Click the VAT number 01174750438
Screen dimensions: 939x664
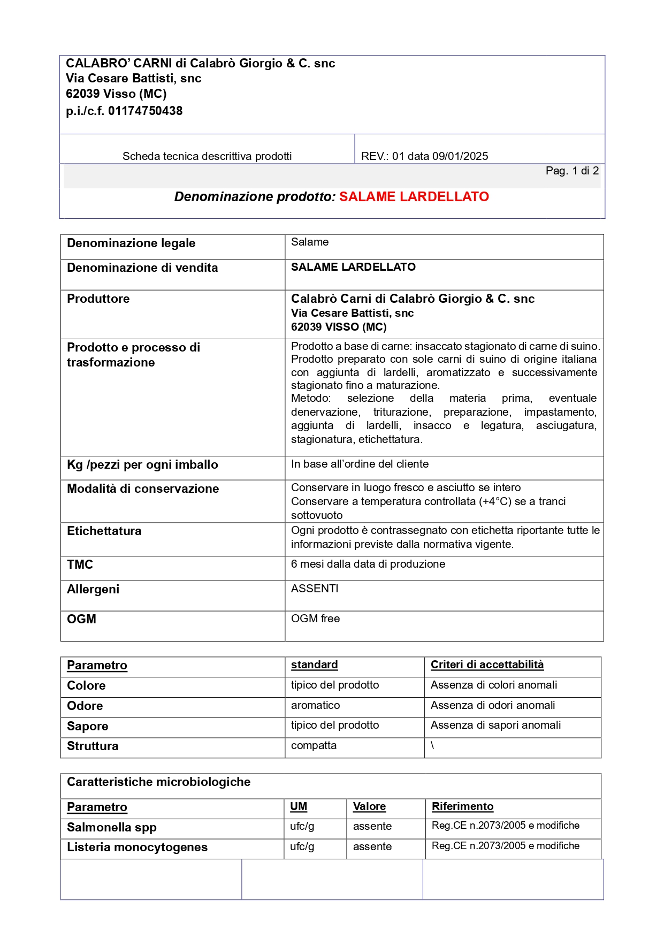pos(145,111)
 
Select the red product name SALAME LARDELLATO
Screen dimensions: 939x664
pos(414,197)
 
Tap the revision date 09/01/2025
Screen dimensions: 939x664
pos(460,156)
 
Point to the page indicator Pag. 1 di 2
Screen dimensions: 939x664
pos(571,171)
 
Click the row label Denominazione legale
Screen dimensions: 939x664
pos(131,243)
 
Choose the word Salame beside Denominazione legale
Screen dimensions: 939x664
pos(310,242)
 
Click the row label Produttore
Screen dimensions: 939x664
pos(98,299)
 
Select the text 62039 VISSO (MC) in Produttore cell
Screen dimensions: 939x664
pos(338,327)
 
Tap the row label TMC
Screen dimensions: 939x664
pos(80,565)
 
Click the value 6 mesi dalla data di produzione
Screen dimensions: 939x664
pos(368,564)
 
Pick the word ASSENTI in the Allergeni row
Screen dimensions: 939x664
pos(315,589)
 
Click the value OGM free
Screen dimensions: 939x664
pos(315,619)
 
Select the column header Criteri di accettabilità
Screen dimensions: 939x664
pos(487,665)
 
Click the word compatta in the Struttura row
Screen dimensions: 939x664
pos(314,745)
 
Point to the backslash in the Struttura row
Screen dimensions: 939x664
pos(432,745)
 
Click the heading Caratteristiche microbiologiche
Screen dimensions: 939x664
pos(158,782)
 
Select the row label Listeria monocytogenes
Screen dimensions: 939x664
pos(137,848)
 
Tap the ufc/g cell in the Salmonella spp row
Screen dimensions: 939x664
pos(302,827)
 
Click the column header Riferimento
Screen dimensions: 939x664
pos(462,806)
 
